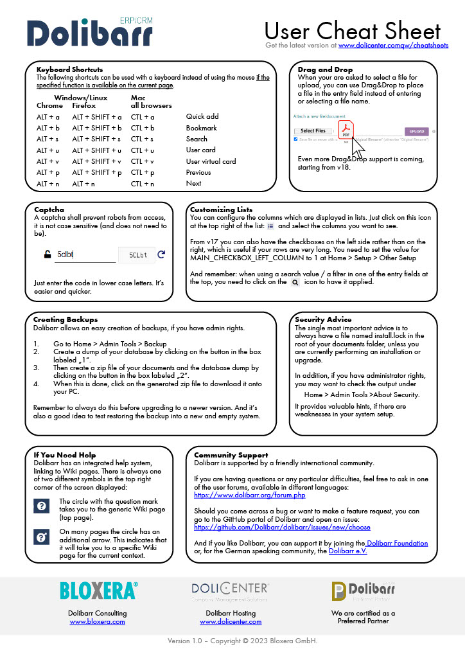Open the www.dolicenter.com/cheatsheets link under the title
pos(393,46)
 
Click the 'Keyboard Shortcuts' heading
pos(69,69)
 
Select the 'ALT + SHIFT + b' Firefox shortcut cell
pos(96,128)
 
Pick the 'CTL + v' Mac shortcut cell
pos(143,161)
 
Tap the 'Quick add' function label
pos(202,117)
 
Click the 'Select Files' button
pos(313,131)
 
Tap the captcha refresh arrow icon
pos(161,254)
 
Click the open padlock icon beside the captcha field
pos(48,254)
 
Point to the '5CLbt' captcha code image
pos(137,255)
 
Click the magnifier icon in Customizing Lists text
pos(295,282)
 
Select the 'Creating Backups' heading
pos(66,319)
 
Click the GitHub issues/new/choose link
pos(282,527)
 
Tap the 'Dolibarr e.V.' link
pos(347,551)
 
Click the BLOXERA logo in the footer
pos(98,591)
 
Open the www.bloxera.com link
pos(97,621)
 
